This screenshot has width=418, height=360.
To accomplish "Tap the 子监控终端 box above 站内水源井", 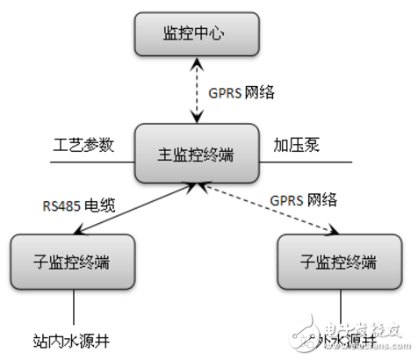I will tap(74, 262).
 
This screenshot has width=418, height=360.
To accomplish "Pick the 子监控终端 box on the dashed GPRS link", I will tap(338, 262).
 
